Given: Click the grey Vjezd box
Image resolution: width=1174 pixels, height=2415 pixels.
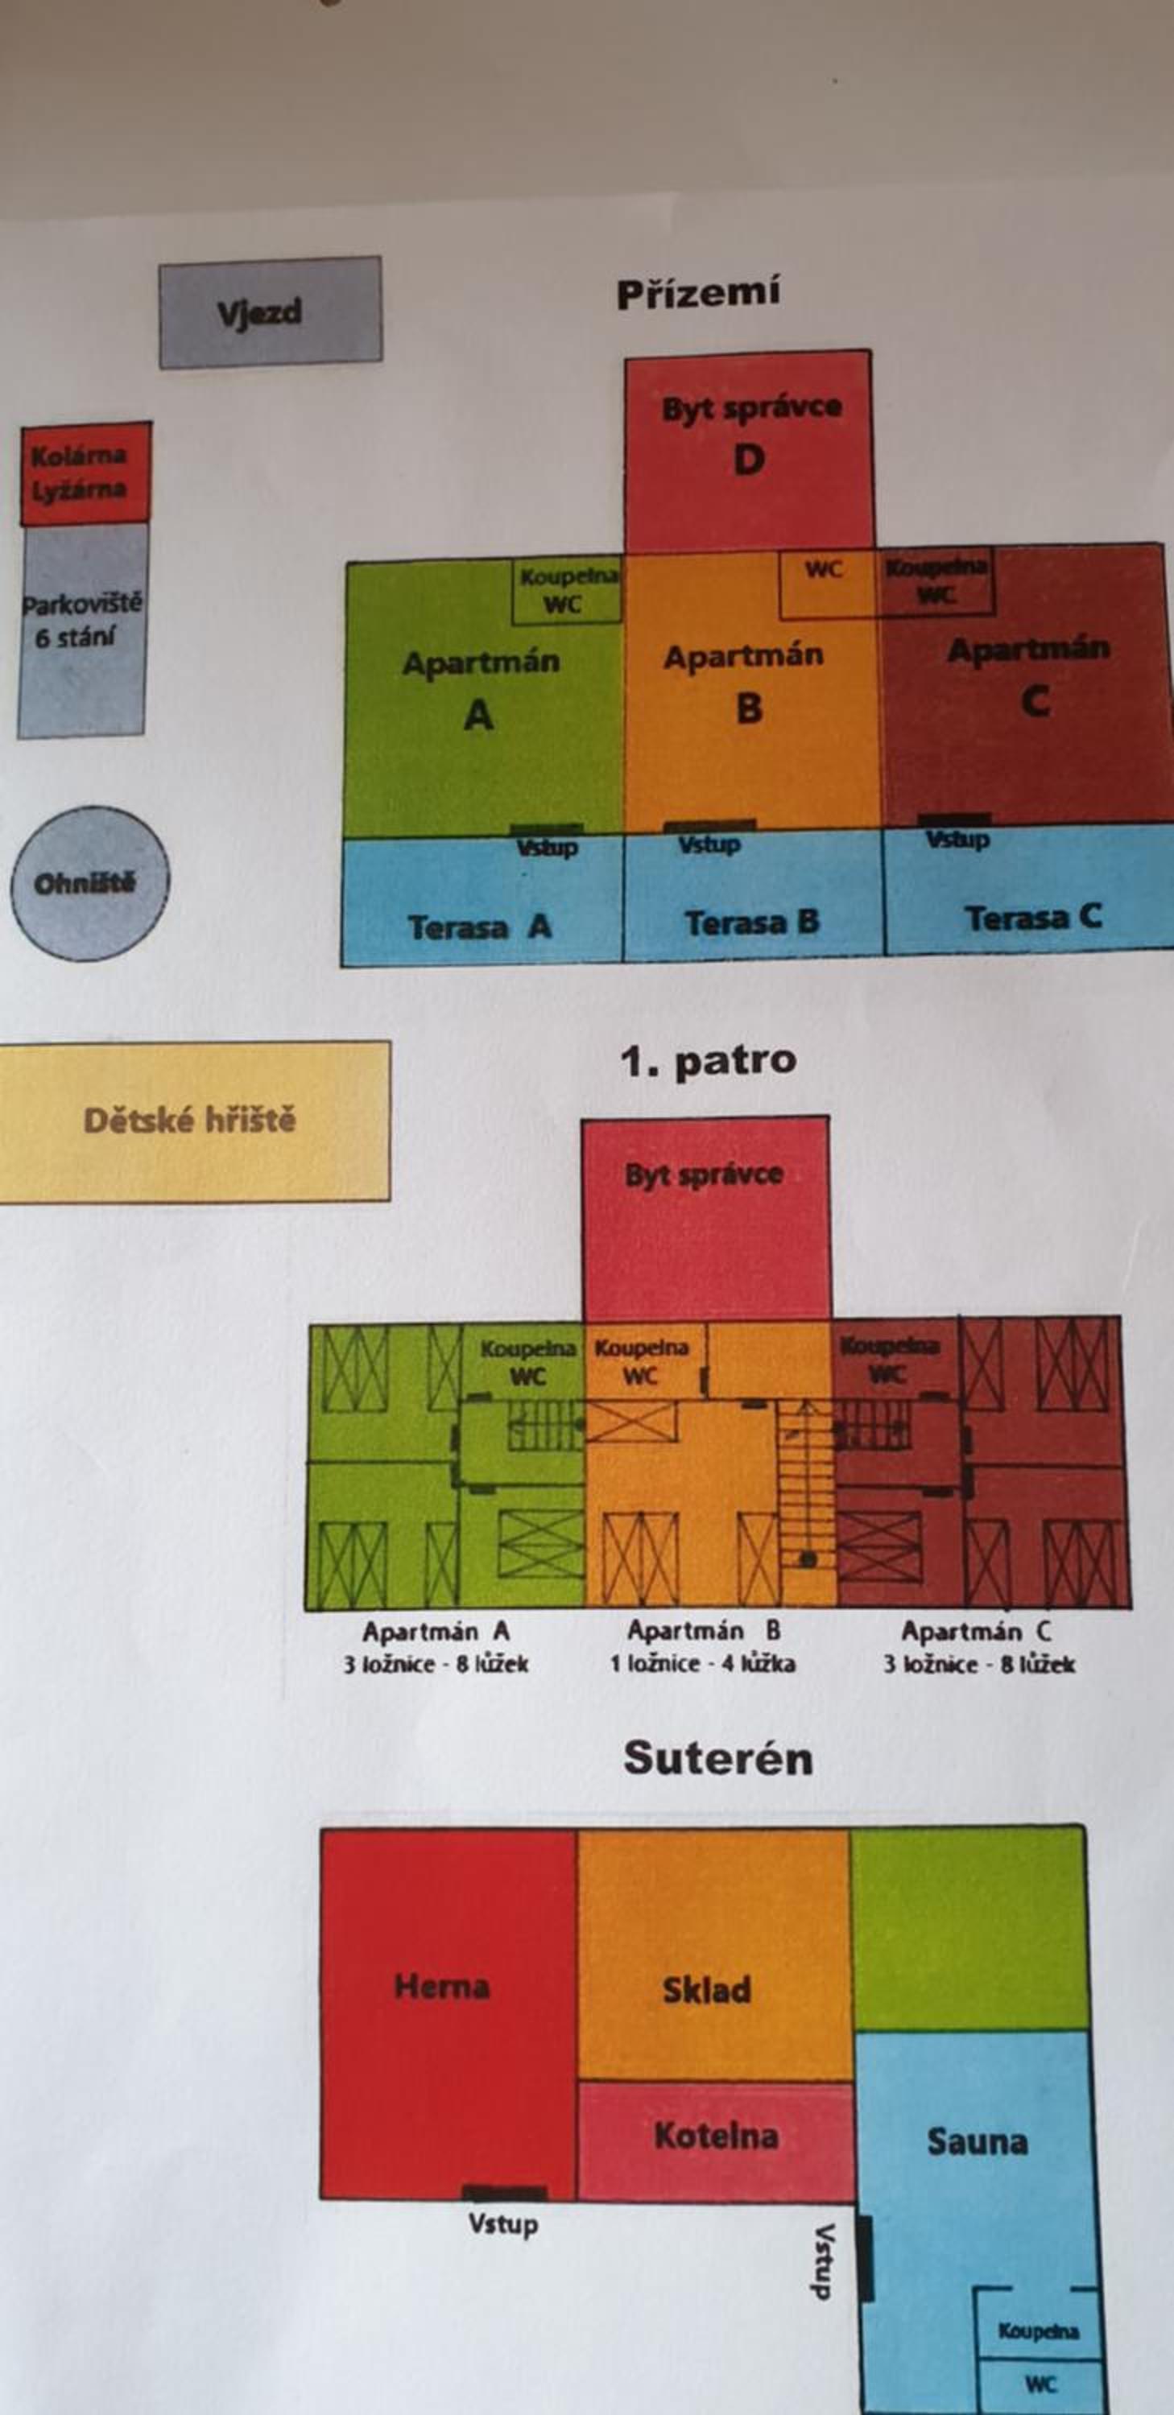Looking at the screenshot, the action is (x=270, y=312).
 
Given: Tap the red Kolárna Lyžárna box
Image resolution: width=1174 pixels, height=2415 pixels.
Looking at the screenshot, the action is (x=85, y=473).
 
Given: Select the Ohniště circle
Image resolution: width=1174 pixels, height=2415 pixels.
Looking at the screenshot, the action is (x=90, y=883).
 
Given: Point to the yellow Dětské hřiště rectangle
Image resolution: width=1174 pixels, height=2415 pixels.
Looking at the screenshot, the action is (x=194, y=1121).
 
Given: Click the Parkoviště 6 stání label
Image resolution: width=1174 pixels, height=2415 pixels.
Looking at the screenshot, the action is (x=81, y=620).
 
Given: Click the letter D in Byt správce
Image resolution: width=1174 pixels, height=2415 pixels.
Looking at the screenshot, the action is (x=748, y=460).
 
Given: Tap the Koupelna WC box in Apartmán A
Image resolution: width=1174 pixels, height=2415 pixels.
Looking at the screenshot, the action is (x=566, y=592).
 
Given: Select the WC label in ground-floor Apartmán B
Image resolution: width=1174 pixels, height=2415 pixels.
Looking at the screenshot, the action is (x=823, y=569).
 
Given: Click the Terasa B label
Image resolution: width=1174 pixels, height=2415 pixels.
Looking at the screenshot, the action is (x=752, y=923).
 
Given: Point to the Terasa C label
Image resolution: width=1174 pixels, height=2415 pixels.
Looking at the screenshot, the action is (x=1032, y=918).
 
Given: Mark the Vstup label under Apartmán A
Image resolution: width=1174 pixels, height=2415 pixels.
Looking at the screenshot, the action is (x=548, y=848).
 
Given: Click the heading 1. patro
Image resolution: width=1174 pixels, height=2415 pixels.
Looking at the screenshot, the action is (x=708, y=1061).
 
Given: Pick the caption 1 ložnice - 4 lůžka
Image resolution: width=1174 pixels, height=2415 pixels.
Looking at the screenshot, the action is (x=702, y=1664).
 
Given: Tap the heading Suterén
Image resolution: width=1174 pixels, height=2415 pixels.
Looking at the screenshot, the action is (x=718, y=1759).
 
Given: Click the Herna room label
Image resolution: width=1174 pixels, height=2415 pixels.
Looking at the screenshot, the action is (x=441, y=1988).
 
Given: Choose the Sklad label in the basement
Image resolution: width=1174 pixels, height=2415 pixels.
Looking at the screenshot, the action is (x=707, y=1990).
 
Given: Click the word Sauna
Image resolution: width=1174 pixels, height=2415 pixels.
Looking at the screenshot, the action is (x=977, y=2142).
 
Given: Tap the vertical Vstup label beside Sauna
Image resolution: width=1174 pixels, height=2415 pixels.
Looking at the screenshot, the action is (x=823, y=2261).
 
